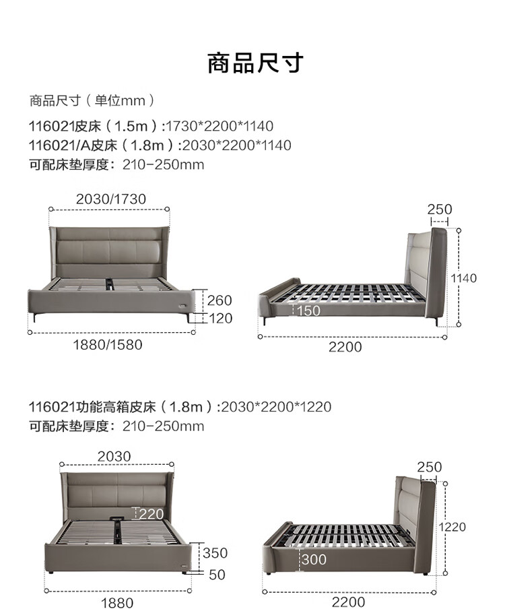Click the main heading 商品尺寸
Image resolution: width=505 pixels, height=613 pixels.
(x=255, y=63)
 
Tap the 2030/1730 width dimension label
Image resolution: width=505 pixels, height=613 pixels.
(x=111, y=199)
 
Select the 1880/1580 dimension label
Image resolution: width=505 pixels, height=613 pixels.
(x=108, y=345)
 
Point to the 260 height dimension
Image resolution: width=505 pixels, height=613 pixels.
(x=220, y=300)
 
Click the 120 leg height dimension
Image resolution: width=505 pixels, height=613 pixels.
(x=220, y=318)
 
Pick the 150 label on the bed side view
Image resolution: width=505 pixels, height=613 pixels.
(x=308, y=311)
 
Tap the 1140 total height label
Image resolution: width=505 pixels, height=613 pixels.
(x=463, y=278)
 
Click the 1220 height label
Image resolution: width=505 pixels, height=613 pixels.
(x=452, y=527)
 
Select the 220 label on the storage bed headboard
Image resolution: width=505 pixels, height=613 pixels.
(x=151, y=514)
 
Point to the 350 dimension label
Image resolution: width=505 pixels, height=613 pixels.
(x=215, y=553)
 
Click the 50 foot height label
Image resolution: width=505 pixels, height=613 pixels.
(x=217, y=575)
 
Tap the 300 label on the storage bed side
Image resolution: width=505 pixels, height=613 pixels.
(x=314, y=559)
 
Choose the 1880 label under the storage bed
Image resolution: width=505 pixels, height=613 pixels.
(x=117, y=603)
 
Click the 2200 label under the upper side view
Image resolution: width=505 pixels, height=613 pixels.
(x=345, y=347)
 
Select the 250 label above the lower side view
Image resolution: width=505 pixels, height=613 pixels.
(x=429, y=467)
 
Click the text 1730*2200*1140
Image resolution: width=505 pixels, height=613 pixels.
(x=220, y=126)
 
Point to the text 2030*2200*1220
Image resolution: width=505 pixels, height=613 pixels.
(x=276, y=407)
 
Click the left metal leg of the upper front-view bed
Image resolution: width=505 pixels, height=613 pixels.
(x=35, y=317)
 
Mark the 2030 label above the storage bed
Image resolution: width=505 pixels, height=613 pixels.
(x=114, y=456)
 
